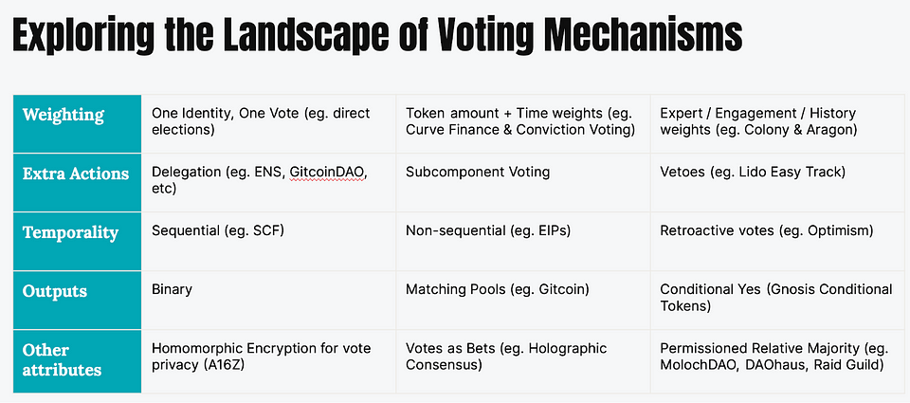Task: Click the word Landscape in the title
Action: (x=284, y=37)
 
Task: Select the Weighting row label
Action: (x=64, y=115)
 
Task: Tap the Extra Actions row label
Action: (x=76, y=173)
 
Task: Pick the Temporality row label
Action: (x=70, y=232)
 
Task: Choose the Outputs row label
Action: (x=55, y=291)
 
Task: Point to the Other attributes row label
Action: (x=63, y=360)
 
